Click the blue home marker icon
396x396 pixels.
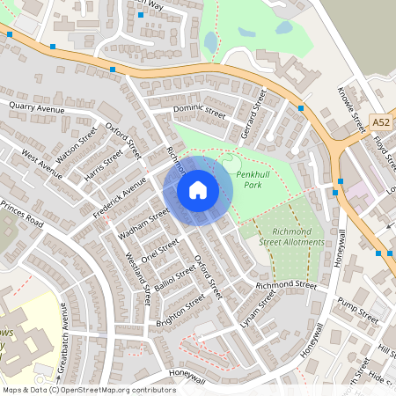[198, 190]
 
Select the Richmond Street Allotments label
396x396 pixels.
[291, 237]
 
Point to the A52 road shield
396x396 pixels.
[380, 122]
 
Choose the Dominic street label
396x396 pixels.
[200, 111]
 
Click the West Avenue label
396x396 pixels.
[41, 164]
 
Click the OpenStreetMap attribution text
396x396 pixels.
[88, 389]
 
